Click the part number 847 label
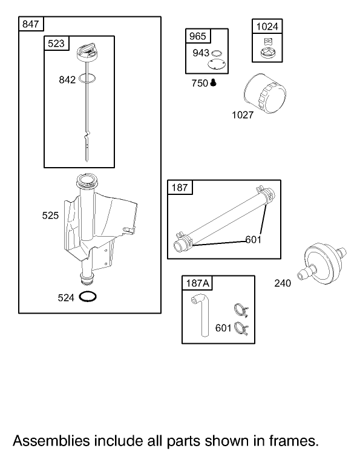(30, 24)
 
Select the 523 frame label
(56, 44)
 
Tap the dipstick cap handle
(87, 51)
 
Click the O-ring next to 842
(87, 78)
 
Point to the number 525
(50, 216)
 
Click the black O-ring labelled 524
(88, 297)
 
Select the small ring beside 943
(217, 53)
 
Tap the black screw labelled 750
(213, 83)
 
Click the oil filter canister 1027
(264, 93)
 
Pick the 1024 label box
(267, 27)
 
